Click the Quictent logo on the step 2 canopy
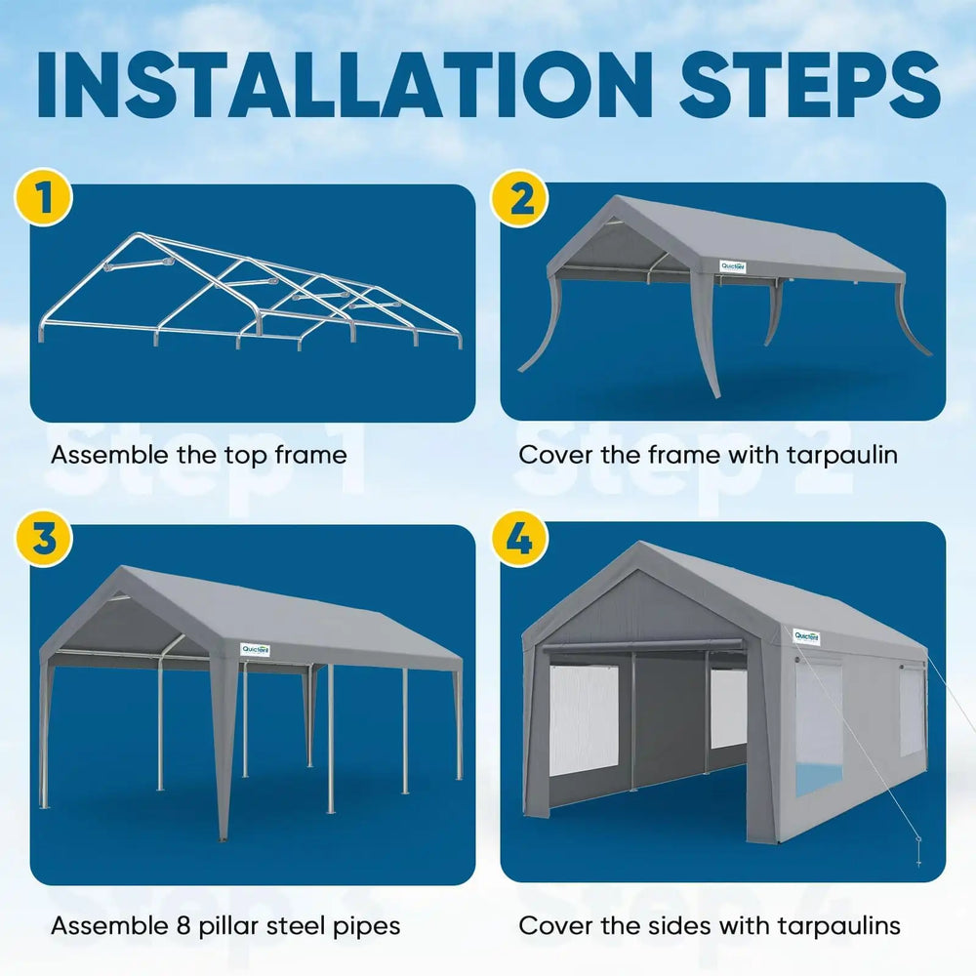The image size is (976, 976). pos(732,265)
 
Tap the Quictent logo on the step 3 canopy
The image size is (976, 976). pos(255,649)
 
